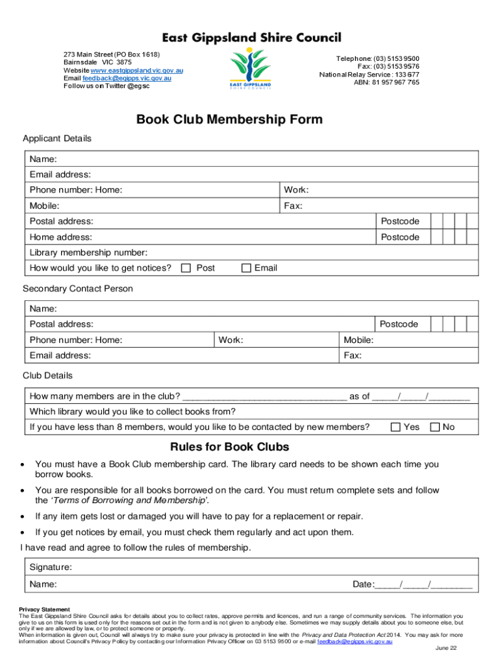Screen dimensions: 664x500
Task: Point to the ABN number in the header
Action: (386, 82)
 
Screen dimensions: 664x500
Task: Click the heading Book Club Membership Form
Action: (229, 120)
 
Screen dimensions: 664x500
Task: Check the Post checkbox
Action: (186, 268)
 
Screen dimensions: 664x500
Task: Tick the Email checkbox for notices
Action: (246, 268)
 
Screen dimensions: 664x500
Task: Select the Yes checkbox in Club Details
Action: (395, 427)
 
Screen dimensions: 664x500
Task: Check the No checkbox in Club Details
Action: (434, 427)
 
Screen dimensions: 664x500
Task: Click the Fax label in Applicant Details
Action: (294, 206)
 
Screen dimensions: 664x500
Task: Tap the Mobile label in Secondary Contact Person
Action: (358, 340)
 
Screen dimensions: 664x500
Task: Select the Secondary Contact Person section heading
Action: (78, 289)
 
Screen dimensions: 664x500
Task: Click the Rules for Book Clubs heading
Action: (229, 447)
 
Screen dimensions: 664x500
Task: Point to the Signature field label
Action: (51, 567)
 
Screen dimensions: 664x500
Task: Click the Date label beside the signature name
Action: (363, 584)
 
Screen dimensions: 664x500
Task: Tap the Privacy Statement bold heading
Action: (44, 610)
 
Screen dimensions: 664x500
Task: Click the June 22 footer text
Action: (446, 648)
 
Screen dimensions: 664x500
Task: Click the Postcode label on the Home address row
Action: (400, 237)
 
